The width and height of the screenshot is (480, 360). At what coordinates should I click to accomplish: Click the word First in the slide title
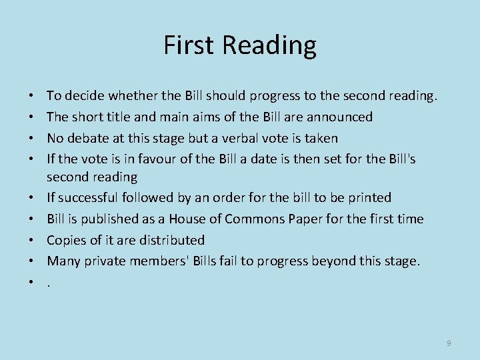[x=189, y=45]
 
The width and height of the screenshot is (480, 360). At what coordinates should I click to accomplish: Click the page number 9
[x=449, y=343]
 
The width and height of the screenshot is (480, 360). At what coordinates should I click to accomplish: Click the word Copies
[x=65, y=239]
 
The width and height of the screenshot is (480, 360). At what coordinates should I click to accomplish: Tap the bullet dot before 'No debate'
[x=33, y=138]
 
